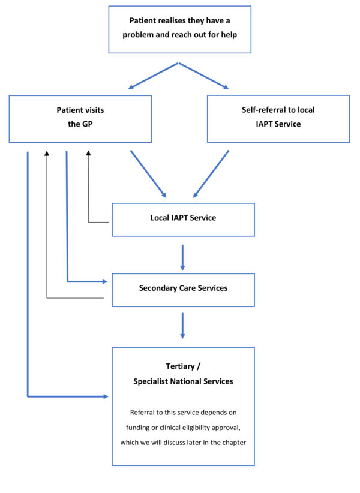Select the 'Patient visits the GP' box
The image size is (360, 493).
tap(79, 118)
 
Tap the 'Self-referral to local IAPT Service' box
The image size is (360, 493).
tap(278, 118)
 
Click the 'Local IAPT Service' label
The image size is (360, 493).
tap(183, 218)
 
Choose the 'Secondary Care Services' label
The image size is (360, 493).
tap(183, 288)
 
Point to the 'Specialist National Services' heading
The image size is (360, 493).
tap(183, 381)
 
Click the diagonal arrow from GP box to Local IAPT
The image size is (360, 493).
tap(148, 174)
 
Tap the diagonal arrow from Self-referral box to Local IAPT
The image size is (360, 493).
tap(211, 174)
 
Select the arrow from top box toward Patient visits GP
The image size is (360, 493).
tap(153, 76)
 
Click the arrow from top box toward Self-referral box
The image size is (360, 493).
tap(204, 76)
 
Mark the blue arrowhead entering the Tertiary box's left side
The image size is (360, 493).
tap(106, 396)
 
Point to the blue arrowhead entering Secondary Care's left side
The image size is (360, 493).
tap(106, 280)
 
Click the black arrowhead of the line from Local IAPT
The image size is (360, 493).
tap(89, 154)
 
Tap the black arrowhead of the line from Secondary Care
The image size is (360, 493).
tap(46, 154)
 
